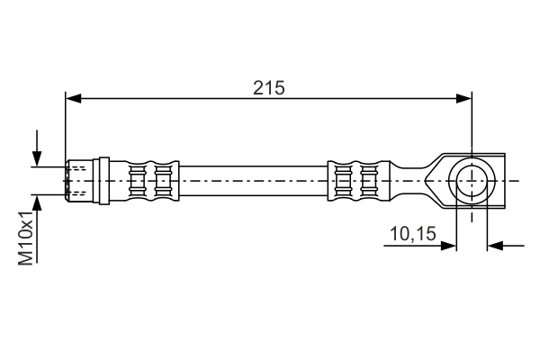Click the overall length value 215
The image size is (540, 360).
(268, 87)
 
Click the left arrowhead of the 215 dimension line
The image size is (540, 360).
(72, 98)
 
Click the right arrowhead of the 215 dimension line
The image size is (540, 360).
(465, 98)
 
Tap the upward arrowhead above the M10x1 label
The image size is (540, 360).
(37, 202)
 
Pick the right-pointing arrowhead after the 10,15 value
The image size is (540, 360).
(450, 245)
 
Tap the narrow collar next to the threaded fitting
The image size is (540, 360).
(104, 180)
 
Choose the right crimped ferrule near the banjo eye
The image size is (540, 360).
(355, 180)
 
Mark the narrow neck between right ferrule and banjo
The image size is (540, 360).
(409, 180)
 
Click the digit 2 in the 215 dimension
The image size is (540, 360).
(257, 87)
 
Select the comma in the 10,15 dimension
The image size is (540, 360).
(410, 240)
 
